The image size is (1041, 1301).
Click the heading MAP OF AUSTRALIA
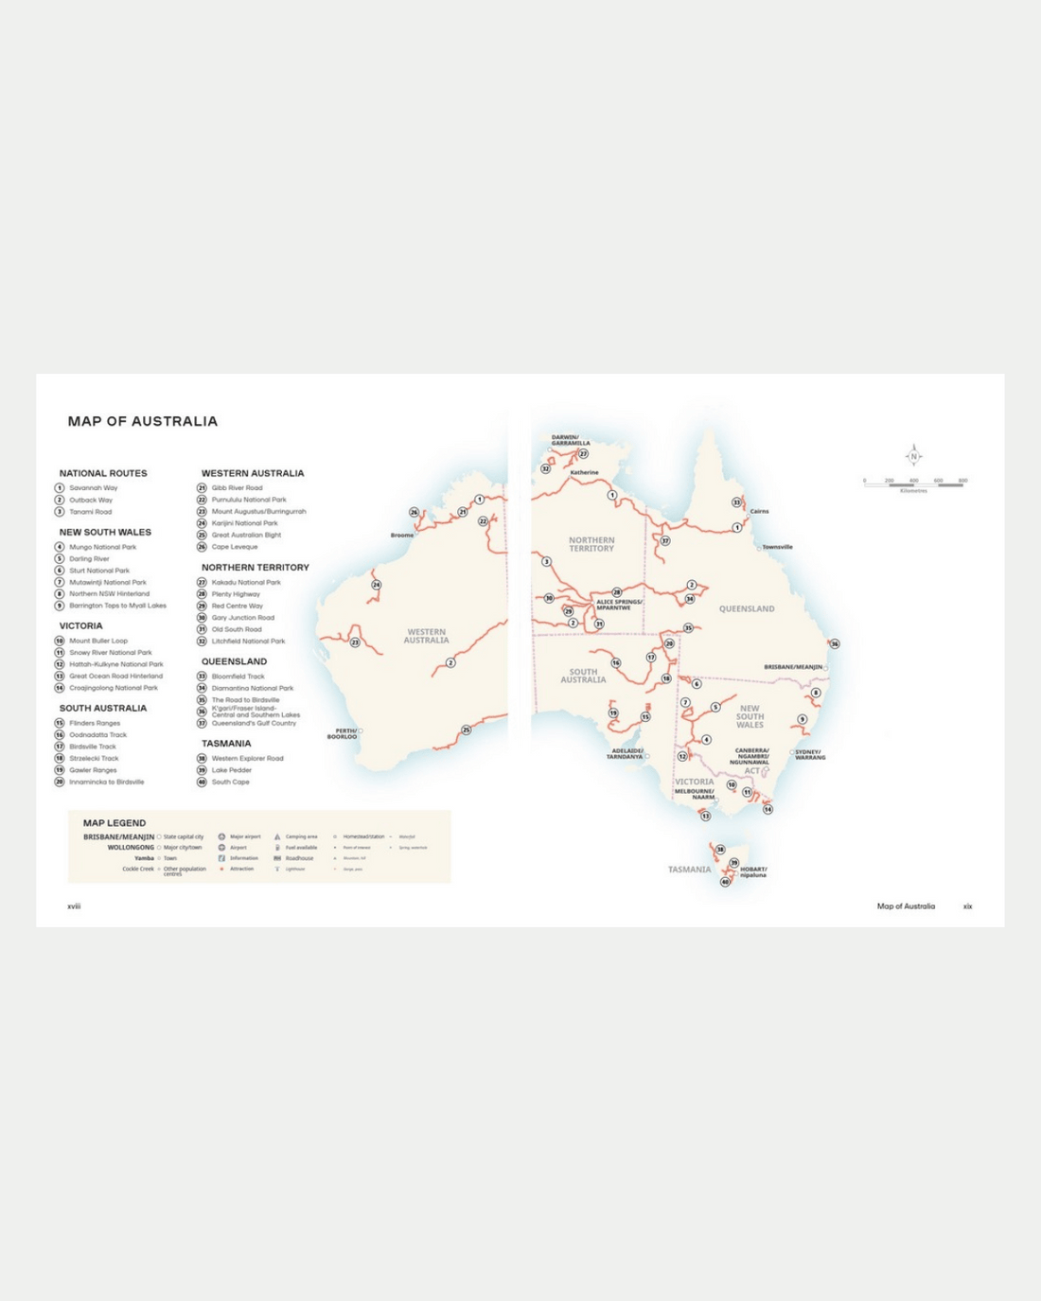(x=142, y=421)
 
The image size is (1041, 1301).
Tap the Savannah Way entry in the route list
(x=93, y=488)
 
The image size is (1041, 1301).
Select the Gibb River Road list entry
(x=237, y=488)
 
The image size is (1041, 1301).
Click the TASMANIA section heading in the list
(x=226, y=744)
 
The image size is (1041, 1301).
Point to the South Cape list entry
(x=230, y=782)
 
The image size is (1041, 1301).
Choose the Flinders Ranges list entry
(x=95, y=723)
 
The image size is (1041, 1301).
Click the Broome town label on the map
(x=402, y=536)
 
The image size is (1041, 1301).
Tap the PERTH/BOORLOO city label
(x=343, y=733)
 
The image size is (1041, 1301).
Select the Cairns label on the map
(x=759, y=511)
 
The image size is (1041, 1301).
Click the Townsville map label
(x=777, y=547)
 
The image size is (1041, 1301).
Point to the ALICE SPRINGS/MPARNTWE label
(x=619, y=605)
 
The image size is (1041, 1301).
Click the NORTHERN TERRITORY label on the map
(x=591, y=544)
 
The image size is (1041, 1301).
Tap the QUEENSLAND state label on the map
(x=747, y=608)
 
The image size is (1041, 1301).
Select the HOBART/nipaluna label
(x=753, y=871)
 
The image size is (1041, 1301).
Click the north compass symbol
(x=913, y=456)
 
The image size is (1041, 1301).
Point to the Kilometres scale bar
(x=914, y=483)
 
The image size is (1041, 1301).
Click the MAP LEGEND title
(x=115, y=823)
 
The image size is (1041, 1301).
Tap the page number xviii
(x=74, y=906)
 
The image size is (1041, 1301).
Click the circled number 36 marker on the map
(x=834, y=644)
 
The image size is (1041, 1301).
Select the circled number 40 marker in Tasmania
(x=726, y=882)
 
